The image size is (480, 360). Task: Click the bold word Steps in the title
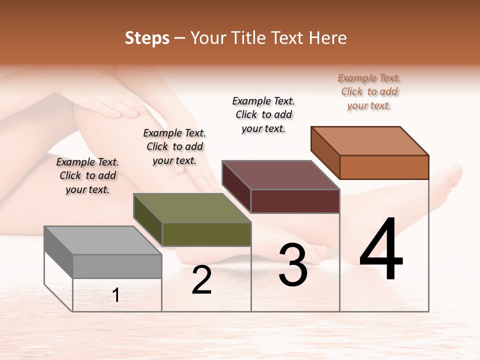tap(147, 38)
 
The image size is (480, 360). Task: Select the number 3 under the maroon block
tap(293, 265)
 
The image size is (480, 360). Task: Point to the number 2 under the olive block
tap(201, 280)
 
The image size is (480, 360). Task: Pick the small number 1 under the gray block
tap(116, 295)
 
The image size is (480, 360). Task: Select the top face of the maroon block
tap(280, 175)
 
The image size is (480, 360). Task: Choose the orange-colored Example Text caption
tap(369, 91)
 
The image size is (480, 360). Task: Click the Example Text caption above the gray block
tap(87, 175)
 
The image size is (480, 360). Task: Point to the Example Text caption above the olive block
tap(174, 146)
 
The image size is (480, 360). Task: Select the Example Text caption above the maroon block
tap(263, 114)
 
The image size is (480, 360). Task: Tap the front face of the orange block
tap(384, 167)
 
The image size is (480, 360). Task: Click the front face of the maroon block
tap(295, 201)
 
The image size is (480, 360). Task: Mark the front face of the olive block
tap(206, 234)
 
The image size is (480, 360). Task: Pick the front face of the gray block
tap(117, 266)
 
